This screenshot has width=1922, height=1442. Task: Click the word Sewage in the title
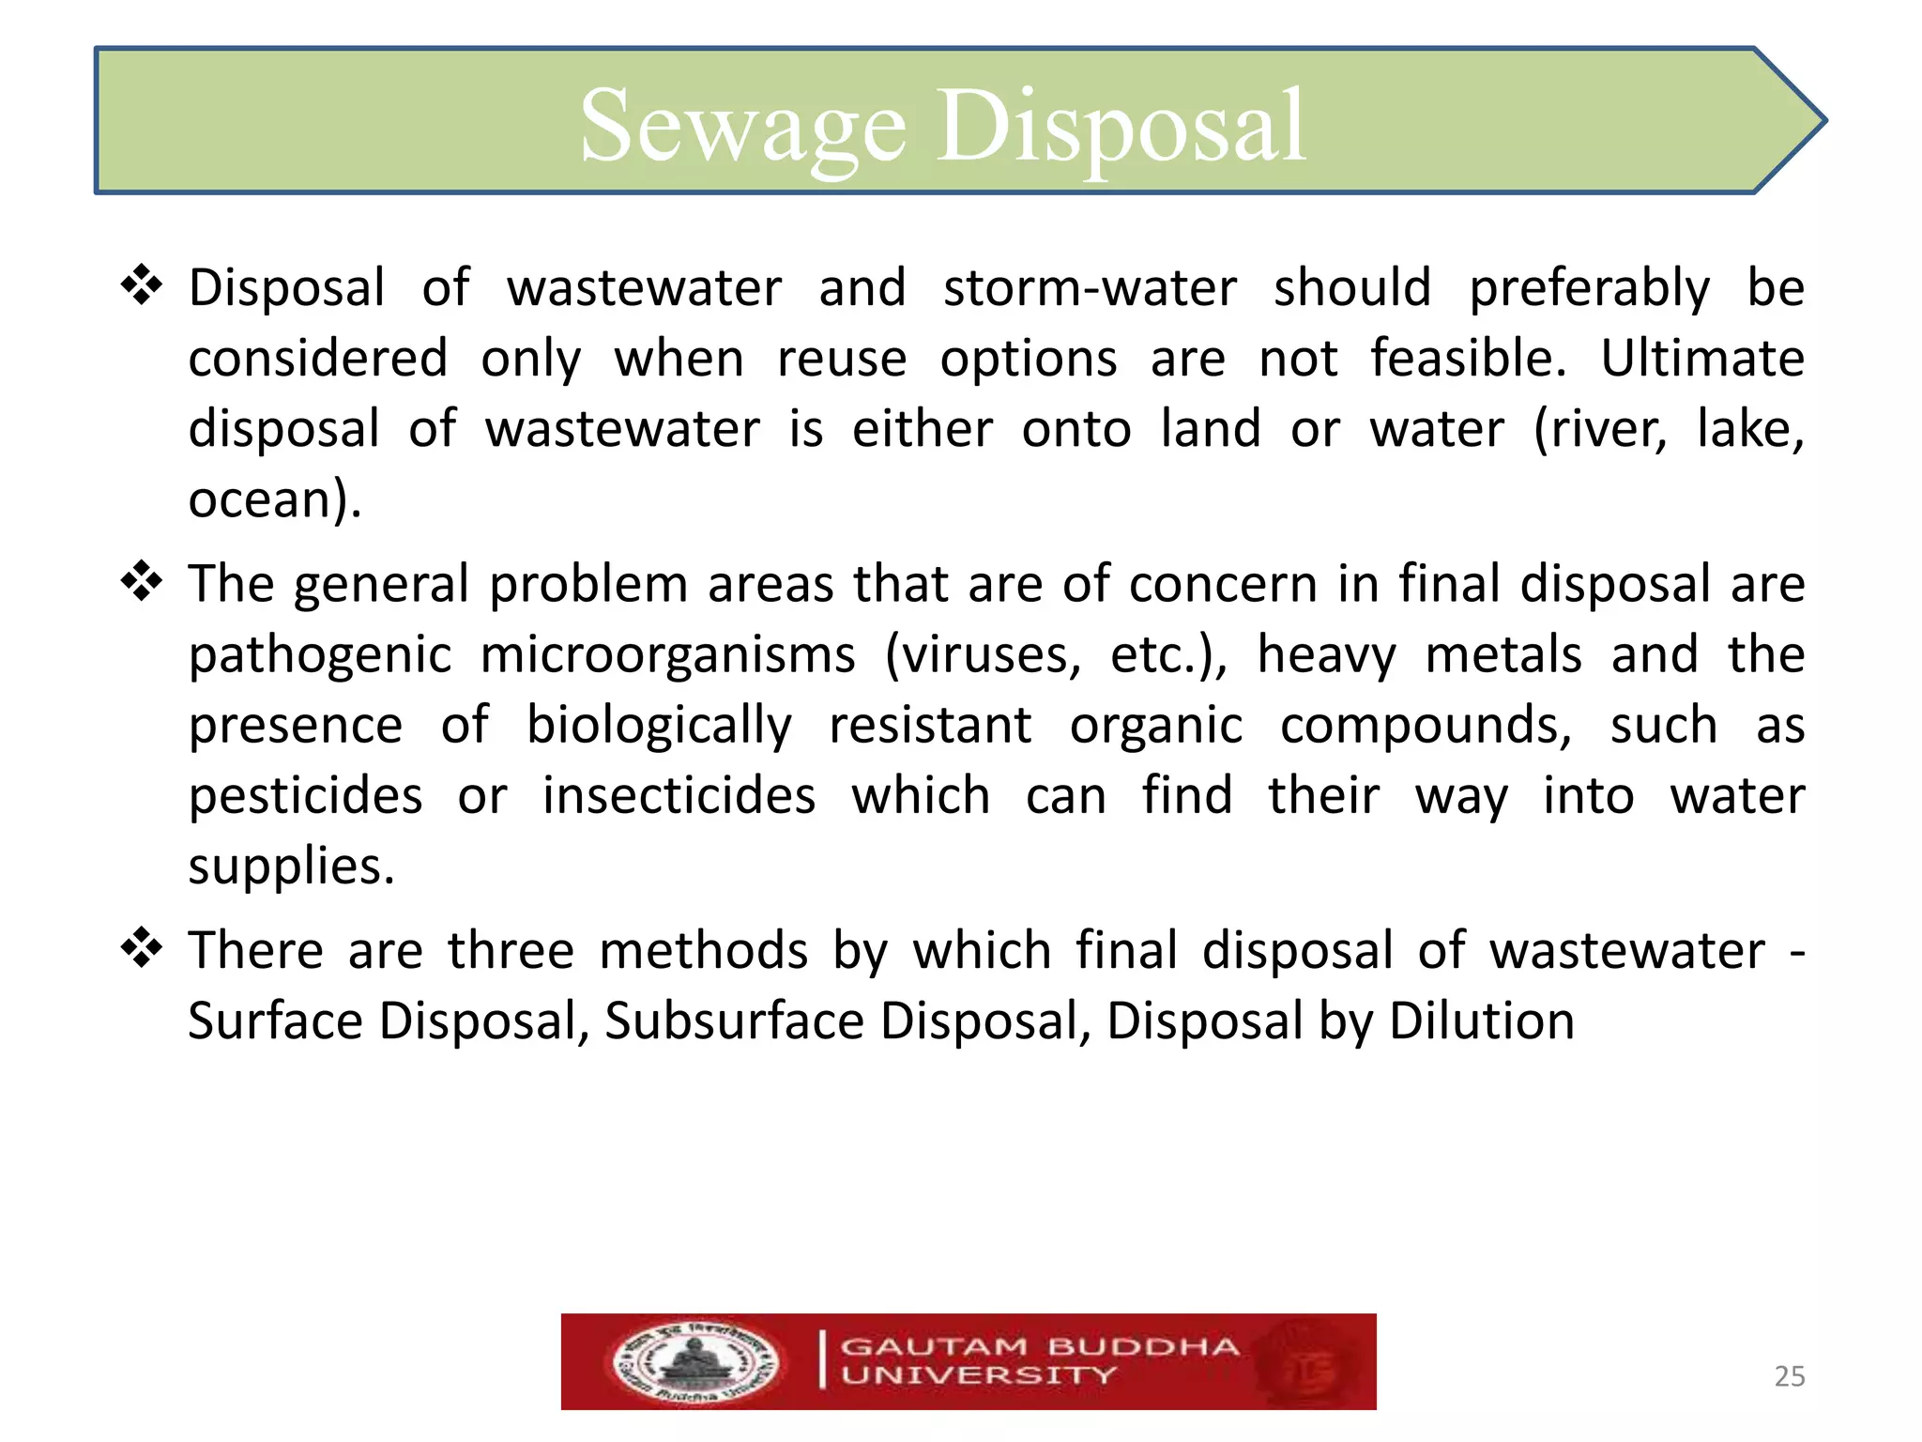(x=742, y=127)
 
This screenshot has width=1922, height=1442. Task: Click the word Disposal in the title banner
(x=1121, y=127)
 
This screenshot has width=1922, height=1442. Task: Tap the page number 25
(x=1789, y=1376)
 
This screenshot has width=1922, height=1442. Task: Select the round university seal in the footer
(x=695, y=1362)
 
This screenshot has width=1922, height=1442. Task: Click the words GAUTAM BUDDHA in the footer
(x=1040, y=1346)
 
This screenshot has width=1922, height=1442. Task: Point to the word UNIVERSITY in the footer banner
(x=979, y=1376)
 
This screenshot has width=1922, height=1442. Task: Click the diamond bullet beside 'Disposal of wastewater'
(x=142, y=285)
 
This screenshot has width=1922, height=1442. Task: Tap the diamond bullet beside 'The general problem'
(x=142, y=582)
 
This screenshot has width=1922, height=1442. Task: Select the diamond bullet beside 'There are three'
(x=142, y=948)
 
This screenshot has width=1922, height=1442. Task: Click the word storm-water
(x=1090, y=287)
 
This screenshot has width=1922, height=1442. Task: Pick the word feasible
(x=1468, y=359)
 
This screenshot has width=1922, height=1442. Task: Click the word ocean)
(x=274, y=499)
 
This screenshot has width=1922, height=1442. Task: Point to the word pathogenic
(x=320, y=655)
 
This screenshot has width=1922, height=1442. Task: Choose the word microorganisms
(x=667, y=655)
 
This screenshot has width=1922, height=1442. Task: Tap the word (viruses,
(x=983, y=655)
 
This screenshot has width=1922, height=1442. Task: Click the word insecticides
(x=679, y=796)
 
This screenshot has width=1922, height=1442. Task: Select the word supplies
(x=290, y=867)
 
